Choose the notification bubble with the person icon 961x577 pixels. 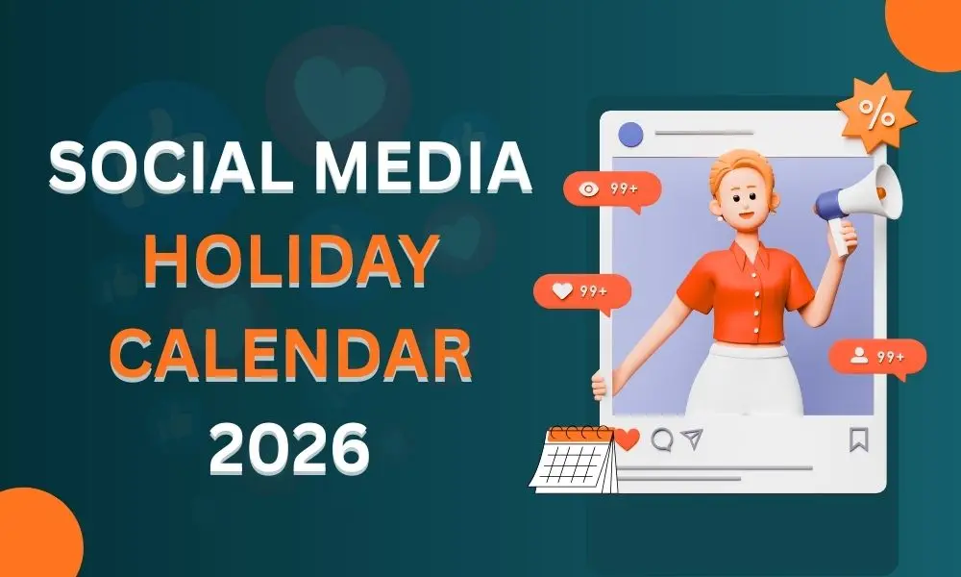[877, 357]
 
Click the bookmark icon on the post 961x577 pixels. [858, 439]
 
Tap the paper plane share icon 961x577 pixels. [692, 439]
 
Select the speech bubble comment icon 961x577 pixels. [662, 439]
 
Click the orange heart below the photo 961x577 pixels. [628, 439]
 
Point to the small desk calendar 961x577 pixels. [574, 460]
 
